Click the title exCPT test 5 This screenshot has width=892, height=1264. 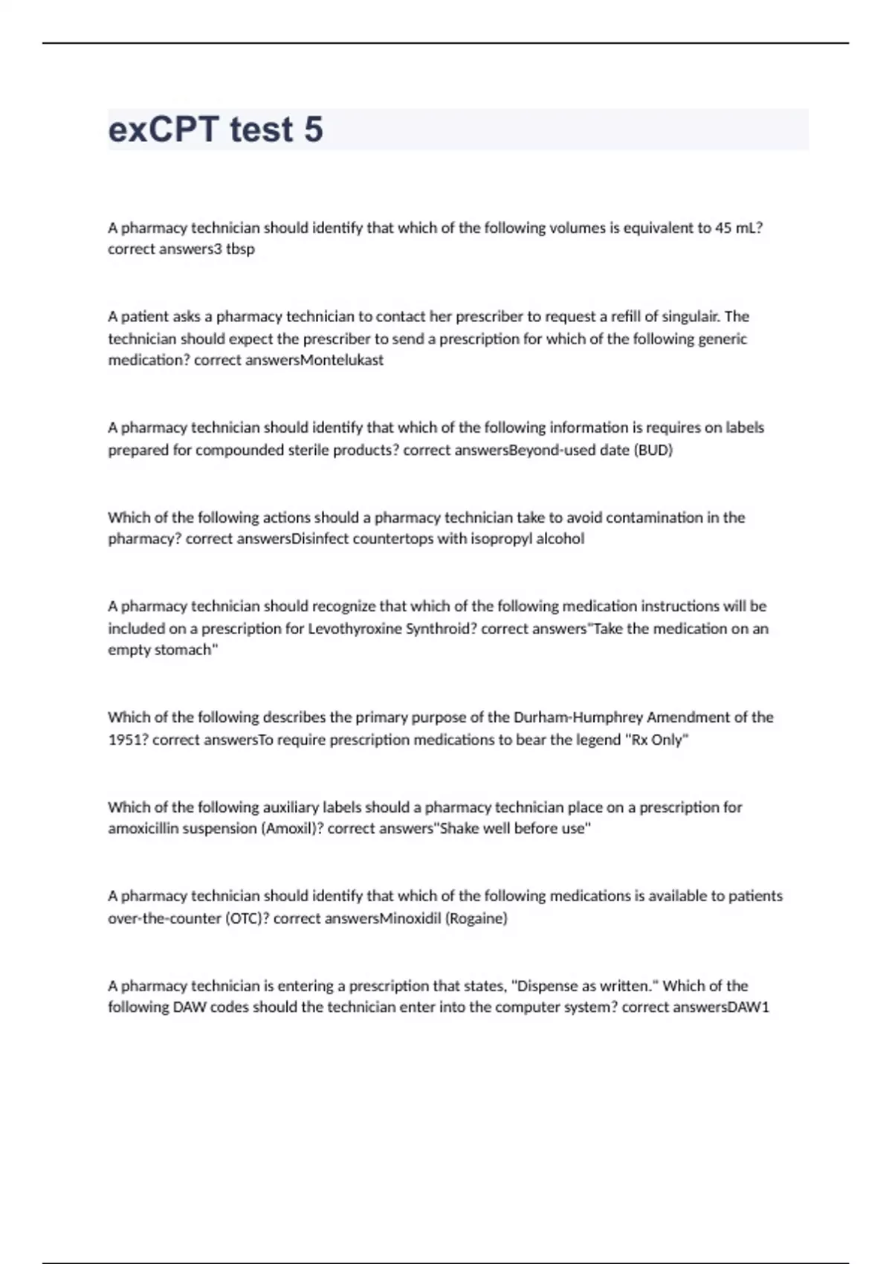point(216,129)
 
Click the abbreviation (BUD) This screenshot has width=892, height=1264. point(653,451)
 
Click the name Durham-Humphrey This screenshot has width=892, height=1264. point(578,718)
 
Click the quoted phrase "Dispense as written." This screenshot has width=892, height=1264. point(586,986)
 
